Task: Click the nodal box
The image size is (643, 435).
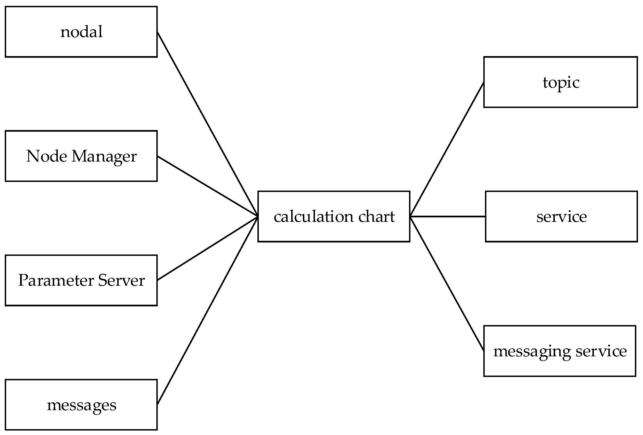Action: click(x=81, y=32)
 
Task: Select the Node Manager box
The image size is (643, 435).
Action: click(x=81, y=156)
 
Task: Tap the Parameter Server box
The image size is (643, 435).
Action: click(x=81, y=280)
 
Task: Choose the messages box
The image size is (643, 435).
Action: click(x=81, y=405)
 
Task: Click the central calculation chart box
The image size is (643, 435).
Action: click(x=334, y=217)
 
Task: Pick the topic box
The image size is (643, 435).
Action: click(x=560, y=82)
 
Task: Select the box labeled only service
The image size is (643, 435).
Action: click(x=561, y=217)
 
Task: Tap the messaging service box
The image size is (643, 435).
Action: click(x=560, y=351)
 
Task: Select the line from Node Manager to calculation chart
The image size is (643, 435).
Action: click(x=207, y=186)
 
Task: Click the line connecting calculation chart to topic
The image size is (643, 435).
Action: click(x=447, y=149)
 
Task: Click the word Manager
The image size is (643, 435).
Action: click(x=104, y=156)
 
